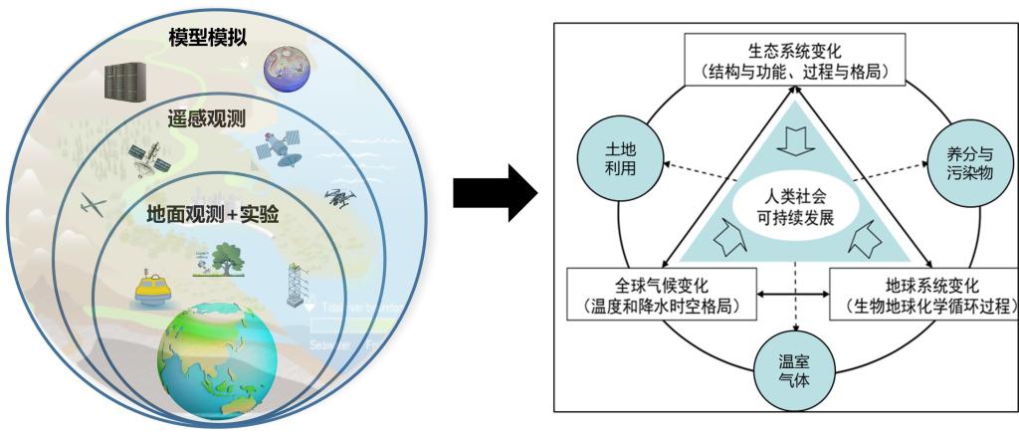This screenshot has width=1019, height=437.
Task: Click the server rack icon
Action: tap(125, 80)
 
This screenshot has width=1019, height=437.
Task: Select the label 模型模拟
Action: tap(208, 37)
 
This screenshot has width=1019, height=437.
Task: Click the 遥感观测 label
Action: tap(207, 119)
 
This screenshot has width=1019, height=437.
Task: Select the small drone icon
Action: tap(338, 199)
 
